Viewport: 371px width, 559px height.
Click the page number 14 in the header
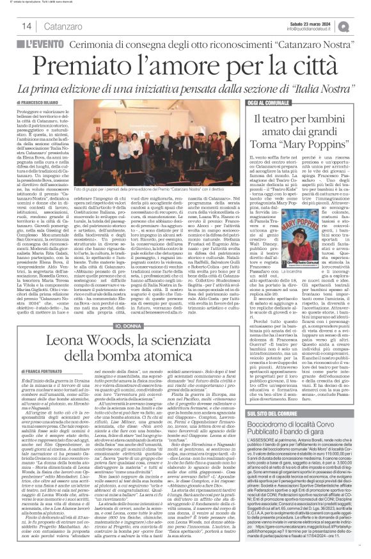click(x=26, y=26)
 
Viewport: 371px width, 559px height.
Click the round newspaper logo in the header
click(x=362, y=26)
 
